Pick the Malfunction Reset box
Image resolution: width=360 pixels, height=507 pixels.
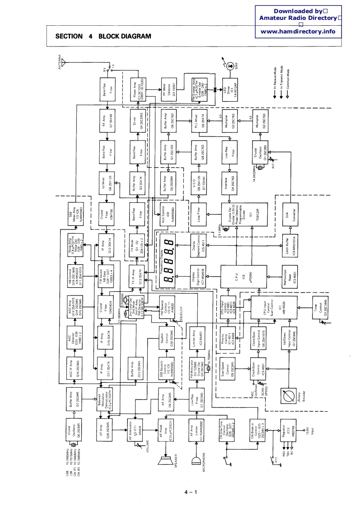[288, 279]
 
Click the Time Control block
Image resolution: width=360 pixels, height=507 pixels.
[318, 312]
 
